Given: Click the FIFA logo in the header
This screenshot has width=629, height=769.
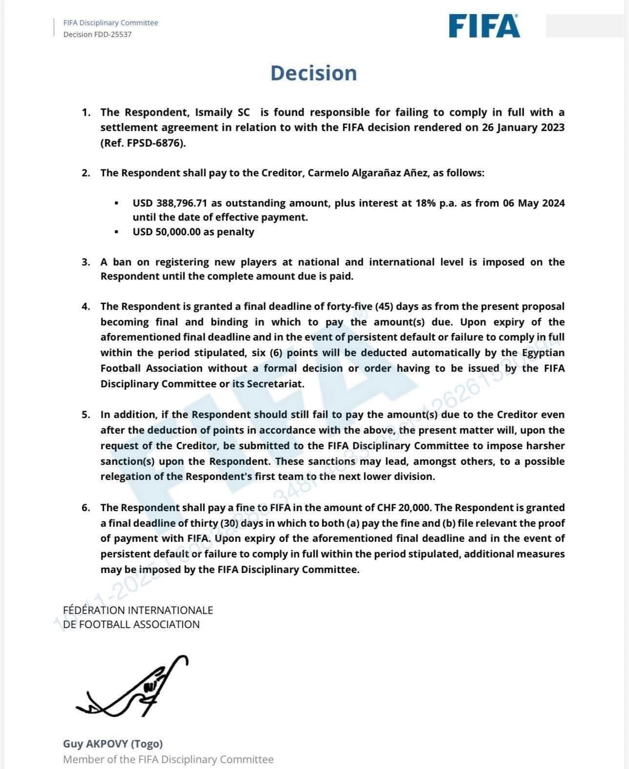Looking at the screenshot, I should point(484,26).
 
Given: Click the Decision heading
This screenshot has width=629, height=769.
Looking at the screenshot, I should point(314,73).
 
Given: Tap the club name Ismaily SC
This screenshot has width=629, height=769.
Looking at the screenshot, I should point(222,113).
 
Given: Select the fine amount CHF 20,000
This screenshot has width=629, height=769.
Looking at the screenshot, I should point(404,508).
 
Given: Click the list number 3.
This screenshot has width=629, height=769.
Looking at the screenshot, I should point(86,262).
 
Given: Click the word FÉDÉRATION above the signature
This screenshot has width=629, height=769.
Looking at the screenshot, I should point(94,610).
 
